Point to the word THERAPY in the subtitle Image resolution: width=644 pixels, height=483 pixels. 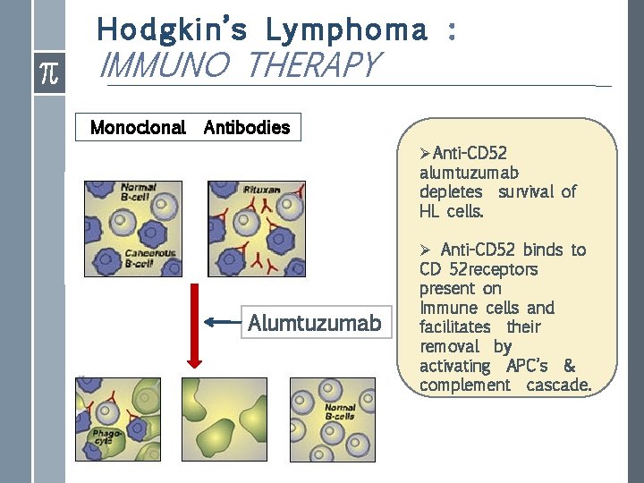(314, 65)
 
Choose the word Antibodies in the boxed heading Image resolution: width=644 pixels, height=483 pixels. (247, 127)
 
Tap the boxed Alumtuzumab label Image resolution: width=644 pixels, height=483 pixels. (314, 322)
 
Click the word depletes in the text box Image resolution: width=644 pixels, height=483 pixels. (451, 192)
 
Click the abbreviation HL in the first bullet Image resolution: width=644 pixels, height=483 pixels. (429, 211)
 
